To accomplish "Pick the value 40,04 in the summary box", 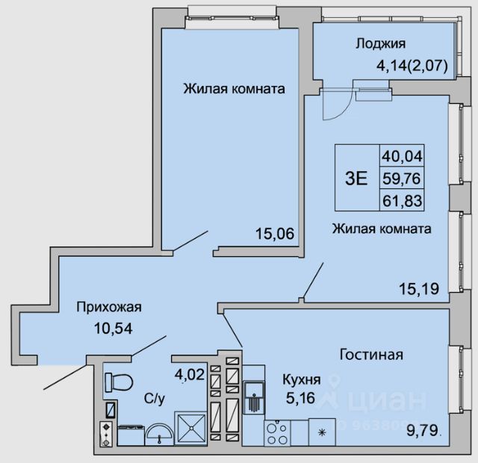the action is [403, 157].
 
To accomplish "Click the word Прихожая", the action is [108, 306].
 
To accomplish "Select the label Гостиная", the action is [371, 354].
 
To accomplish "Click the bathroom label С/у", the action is [155, 400].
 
